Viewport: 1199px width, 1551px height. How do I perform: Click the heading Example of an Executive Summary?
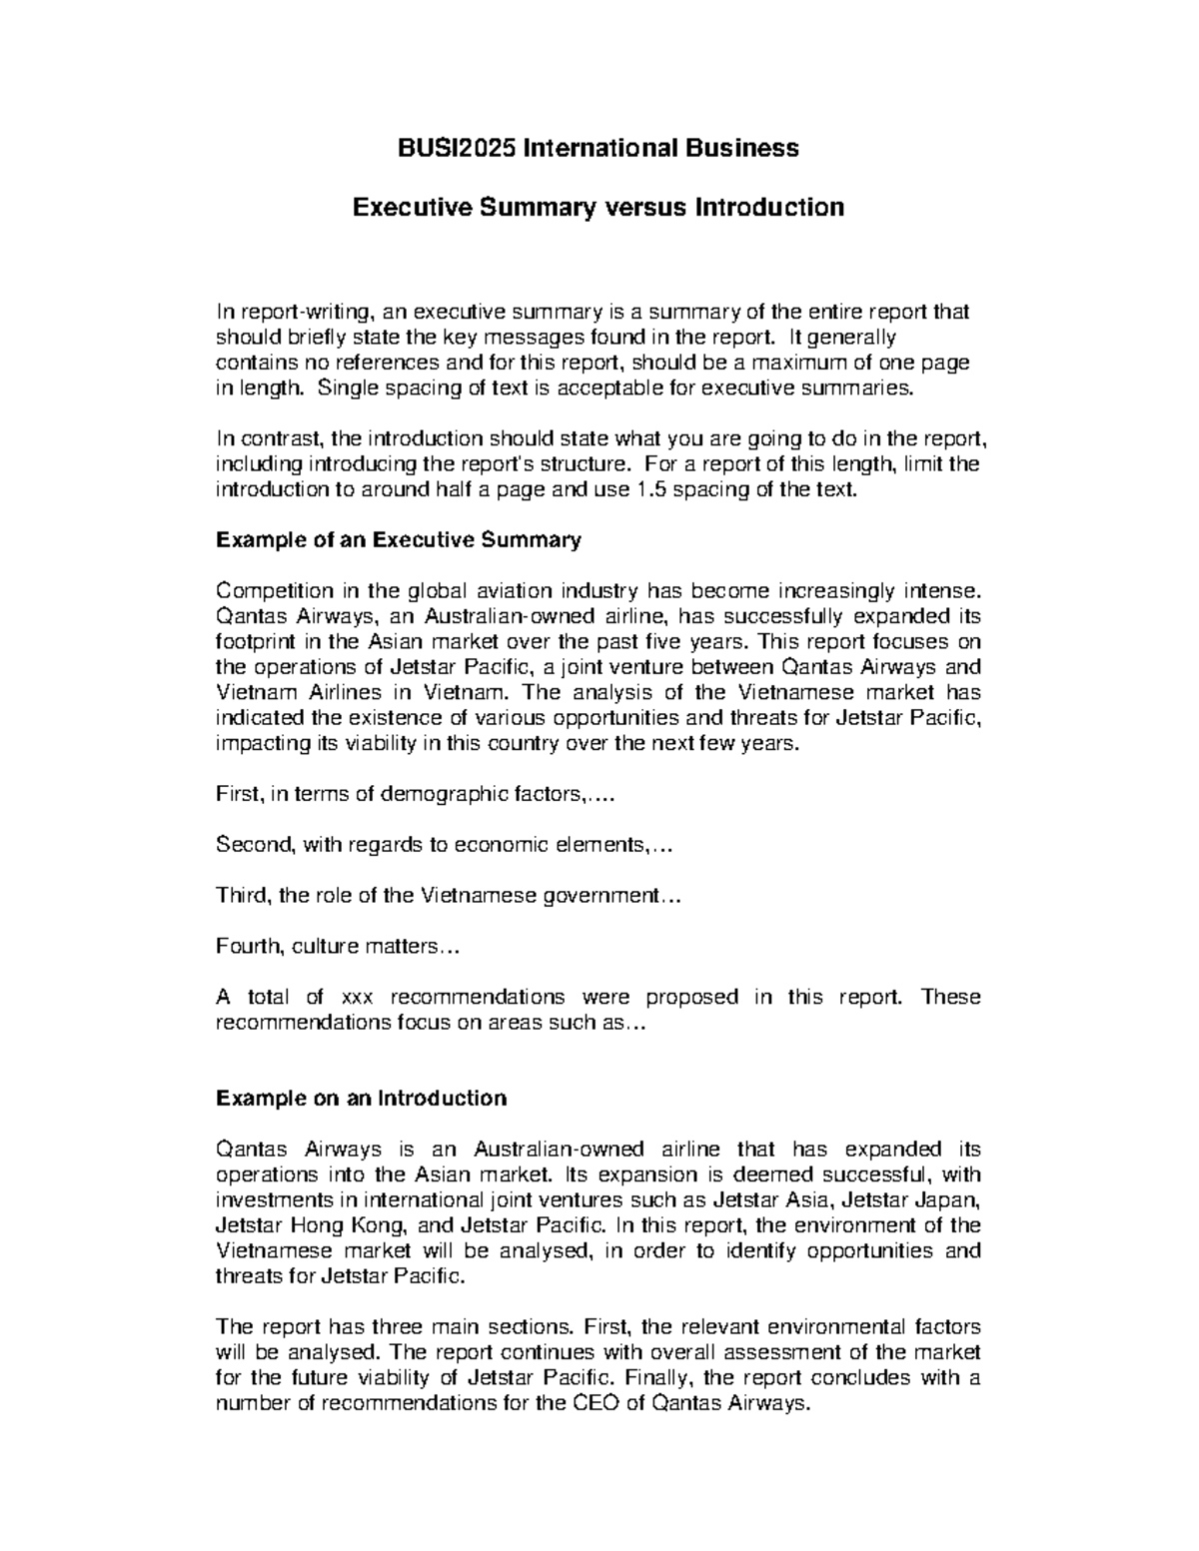pyautogui.click(x=398, y=540)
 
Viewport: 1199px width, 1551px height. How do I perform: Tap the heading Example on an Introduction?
pyautogui.click(x=361, y=1099)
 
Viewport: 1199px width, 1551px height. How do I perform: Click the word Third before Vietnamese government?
pyautogui.click(x=241, y=896)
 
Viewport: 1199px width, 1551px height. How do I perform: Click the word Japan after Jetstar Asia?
pyautogui.click(x=953, y=1199)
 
